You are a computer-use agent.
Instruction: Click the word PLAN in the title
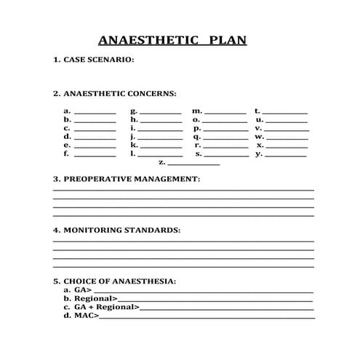(228, 41)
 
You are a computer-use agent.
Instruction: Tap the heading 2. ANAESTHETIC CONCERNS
(114, 94)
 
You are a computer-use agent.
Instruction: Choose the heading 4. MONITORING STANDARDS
(116, 230)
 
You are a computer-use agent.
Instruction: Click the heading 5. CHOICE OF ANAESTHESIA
(115, 281)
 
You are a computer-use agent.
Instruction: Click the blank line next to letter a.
(95, 113)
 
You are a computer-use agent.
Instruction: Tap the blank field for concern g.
(161, 113)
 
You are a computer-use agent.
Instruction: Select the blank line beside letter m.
(225, 113)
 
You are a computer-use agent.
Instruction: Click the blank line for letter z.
(193, 164)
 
